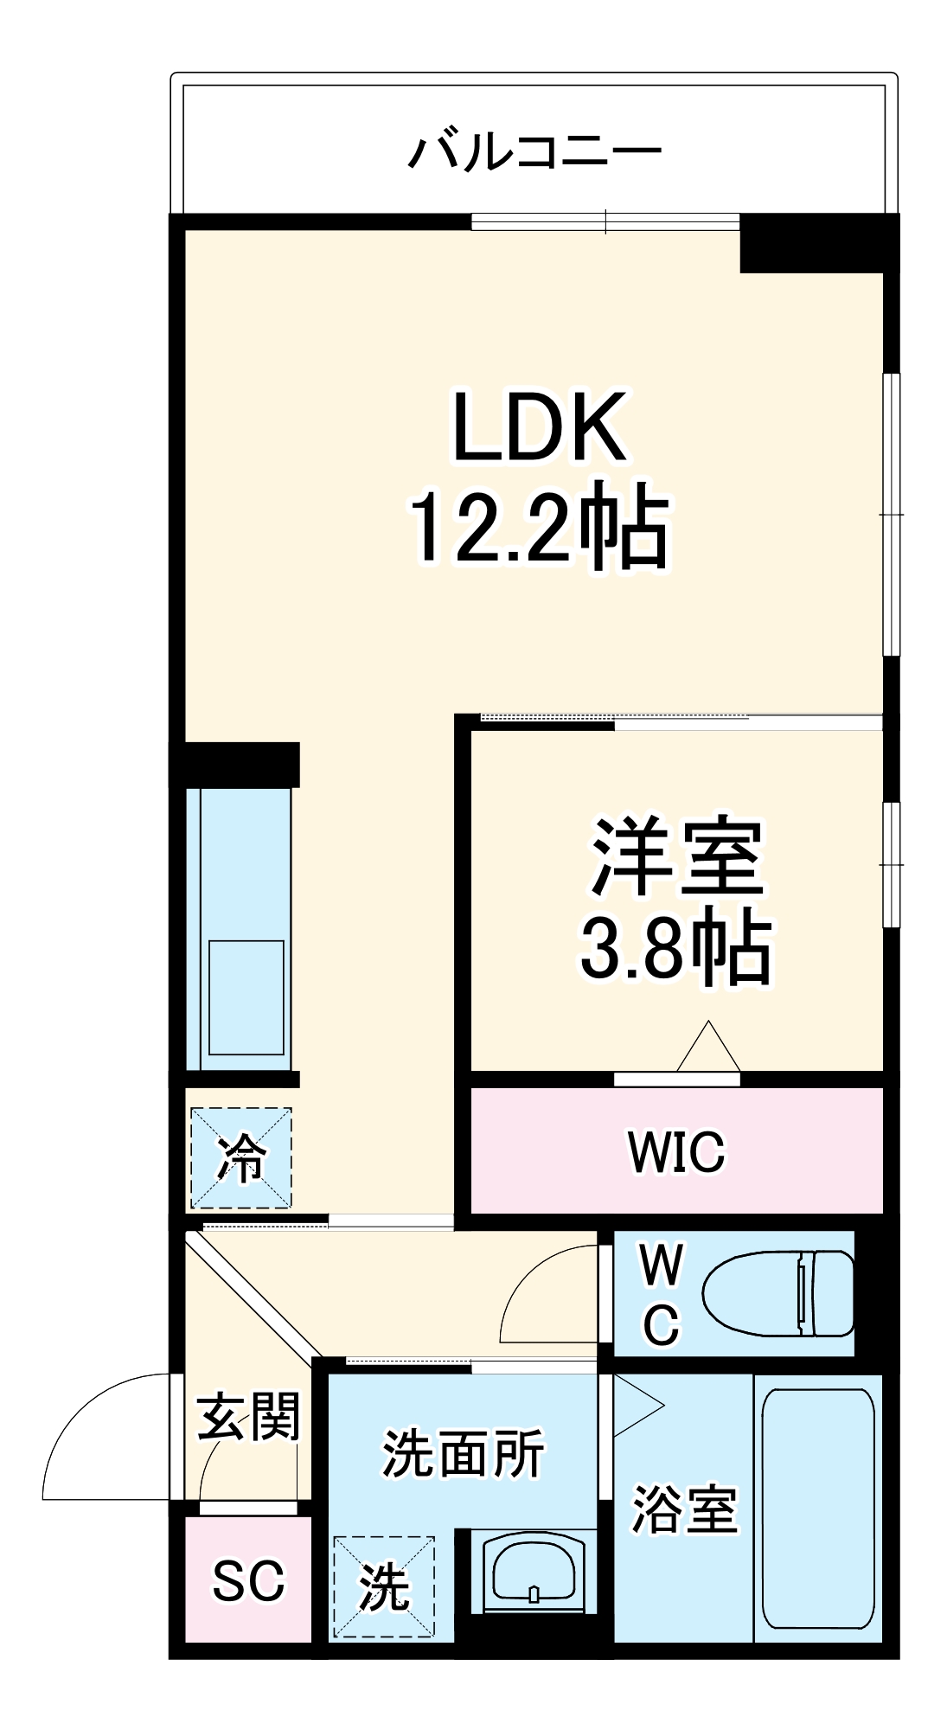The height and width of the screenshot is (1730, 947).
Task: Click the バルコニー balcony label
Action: [x=534, y=151]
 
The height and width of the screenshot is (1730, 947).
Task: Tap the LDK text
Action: [x=540, y=427]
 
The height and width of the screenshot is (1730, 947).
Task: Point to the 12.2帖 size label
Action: [x=540, y=528]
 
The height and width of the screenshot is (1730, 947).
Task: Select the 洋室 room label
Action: [x=676, y=856]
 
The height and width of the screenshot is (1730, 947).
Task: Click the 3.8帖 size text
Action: [x=675, y=947]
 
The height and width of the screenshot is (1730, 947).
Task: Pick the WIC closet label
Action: [x=676, y=1151]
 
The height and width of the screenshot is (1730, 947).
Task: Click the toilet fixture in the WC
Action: [x=778, y=1293]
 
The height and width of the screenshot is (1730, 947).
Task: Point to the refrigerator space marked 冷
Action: [x=241, y=1158]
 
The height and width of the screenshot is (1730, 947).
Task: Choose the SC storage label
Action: [x=248, y=1580]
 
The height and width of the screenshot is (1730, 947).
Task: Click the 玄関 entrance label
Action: [x=249, y=1418]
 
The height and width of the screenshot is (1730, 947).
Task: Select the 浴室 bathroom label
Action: [x=684, y=1509]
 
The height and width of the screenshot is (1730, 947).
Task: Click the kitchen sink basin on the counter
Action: [x=246, y=997]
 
